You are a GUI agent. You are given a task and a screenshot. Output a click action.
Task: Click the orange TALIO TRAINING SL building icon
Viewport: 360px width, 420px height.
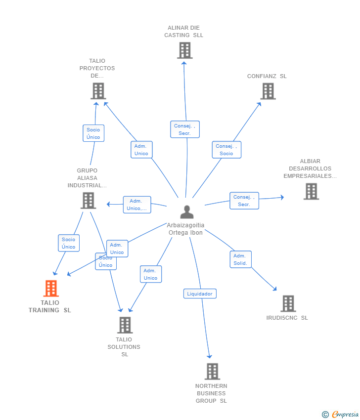pos(51,288)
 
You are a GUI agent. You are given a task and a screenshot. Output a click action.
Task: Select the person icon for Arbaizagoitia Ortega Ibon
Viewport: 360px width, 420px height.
pos(187,212)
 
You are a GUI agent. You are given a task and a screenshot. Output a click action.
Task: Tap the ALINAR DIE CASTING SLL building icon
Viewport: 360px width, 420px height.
pos(184,50)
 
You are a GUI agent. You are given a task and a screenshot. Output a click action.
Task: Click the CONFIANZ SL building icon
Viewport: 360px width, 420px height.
pos(268,91)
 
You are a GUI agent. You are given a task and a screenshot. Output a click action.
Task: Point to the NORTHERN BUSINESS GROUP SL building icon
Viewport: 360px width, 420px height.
pos(212,371)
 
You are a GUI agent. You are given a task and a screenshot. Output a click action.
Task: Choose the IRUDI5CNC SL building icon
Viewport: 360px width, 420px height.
pos(288,303)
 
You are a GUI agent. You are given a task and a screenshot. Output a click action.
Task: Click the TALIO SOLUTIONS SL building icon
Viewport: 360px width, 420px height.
pos(125,325)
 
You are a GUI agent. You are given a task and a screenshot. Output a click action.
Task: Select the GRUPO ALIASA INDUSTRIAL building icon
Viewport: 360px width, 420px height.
pos(88,201)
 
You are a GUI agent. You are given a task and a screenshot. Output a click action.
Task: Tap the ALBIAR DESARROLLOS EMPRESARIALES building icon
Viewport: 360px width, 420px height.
pos(311,191)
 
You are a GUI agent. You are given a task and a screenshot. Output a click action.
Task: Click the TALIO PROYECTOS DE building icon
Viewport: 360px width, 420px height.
pos(98,91)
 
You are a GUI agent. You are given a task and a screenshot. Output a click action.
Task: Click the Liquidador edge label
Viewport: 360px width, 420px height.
pos(200,294)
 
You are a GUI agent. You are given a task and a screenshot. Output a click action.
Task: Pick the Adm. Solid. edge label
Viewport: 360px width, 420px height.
pos(240,259)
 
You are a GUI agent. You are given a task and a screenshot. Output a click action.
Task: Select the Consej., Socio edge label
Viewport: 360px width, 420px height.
pos(226,150)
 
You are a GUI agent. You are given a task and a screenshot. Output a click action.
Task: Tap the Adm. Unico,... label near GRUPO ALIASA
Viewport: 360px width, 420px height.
pos(137,205)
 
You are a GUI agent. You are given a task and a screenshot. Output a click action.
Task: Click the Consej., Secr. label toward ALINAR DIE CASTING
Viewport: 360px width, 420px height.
pos(184,129)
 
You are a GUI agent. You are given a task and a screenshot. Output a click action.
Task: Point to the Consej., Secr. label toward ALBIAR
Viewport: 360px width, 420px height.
pos(244,201)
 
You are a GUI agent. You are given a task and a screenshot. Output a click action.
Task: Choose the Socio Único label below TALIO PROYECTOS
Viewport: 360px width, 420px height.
pos(93,133)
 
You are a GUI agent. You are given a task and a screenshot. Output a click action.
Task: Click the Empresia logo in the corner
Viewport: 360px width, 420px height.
pos(340,414)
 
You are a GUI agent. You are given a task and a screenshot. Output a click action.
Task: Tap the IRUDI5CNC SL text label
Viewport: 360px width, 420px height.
pos(287,318)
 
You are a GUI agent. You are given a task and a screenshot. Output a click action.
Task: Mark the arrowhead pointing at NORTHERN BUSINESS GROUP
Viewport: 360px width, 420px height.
pos(210,357)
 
